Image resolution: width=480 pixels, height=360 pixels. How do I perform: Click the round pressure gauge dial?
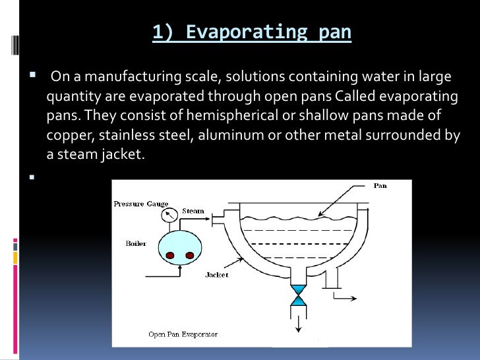(171, 214)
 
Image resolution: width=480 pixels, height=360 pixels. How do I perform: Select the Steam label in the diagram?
(193, 212)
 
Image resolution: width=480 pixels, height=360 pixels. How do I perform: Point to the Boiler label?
(136, 243)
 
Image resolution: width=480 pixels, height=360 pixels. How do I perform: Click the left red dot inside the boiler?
(169, 255)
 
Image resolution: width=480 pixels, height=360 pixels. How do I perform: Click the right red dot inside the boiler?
(191, 255)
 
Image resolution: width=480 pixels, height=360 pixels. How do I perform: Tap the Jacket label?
(217, 274)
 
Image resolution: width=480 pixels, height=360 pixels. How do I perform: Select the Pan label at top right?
(380, 186)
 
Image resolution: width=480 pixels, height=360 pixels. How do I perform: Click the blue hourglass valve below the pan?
(299, 295)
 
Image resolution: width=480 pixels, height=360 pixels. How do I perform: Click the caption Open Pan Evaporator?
(183, 334)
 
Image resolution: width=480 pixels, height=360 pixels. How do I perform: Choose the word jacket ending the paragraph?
(123, 156)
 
